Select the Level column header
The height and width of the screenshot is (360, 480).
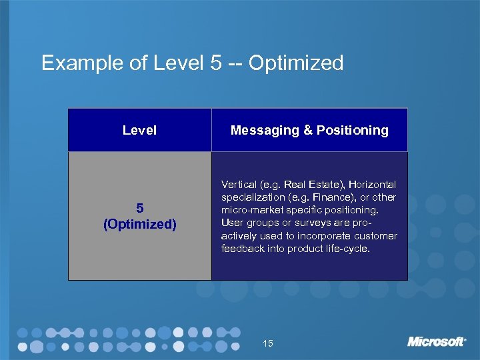(x=139, y=130)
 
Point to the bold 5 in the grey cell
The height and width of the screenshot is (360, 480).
(x=139, y=208)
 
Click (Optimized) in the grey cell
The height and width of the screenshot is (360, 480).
(x=139, y=224)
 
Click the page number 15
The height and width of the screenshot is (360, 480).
(x=268, y=343)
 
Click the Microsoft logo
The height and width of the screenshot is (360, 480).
(x=437, y=341)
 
